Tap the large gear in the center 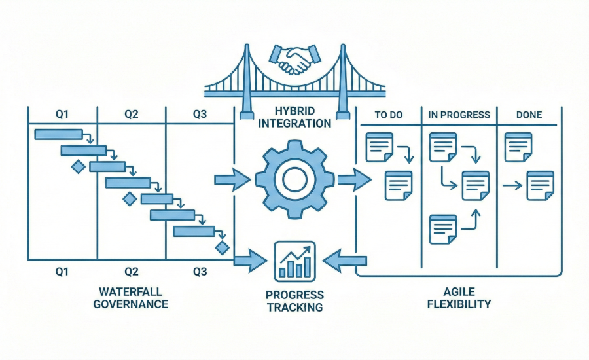point(294,179)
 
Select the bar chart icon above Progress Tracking point(294,261)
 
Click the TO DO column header point(388,115)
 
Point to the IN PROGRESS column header point(459,115)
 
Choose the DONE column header point(529,115)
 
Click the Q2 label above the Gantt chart point(132,115)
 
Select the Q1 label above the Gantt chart point(62,115)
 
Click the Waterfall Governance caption point(131,298)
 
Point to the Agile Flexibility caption point(459,298)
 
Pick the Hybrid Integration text point(294,117)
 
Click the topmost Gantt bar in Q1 point(58,134)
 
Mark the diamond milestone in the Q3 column point(222,247)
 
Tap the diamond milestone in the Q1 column point(78,167)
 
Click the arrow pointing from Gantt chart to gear point(232,179)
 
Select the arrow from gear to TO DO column point(354,179)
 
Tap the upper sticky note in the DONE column point(518,147)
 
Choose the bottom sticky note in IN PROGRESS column point(442,229)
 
